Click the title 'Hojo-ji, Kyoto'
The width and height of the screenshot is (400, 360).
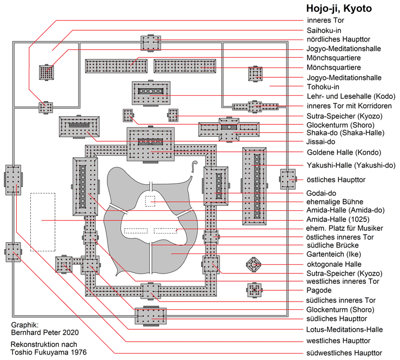click(339, 9)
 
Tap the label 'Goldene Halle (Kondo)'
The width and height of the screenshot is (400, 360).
click(344, 152)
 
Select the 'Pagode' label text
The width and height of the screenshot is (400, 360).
click(319, 290)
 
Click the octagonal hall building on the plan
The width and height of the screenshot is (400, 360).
click(254, 265)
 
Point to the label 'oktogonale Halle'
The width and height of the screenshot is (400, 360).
click(334, 264)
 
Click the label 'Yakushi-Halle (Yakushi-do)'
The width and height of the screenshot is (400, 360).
click(351, 165)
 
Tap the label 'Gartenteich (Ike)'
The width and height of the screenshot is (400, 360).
click(334, 254)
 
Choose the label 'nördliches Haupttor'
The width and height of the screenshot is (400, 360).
click(338, 39)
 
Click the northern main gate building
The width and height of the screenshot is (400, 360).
click(151, 43)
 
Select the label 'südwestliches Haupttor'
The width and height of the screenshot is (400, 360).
click(344, 353)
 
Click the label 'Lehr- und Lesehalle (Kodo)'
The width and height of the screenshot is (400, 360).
click(351, 96)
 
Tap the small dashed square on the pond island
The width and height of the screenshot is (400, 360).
click(150, 201)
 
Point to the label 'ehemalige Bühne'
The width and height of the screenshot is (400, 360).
click(335, 202)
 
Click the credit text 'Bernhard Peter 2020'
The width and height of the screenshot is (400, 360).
click(45, 332)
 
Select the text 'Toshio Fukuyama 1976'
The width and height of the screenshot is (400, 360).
click(49, 352)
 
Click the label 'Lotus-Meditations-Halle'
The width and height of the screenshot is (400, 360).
click(344, 329)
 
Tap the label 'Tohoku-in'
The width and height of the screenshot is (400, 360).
click(323, 86)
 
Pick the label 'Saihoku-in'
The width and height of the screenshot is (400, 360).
click(324, 30)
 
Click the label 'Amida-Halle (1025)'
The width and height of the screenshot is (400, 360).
click(338, 219)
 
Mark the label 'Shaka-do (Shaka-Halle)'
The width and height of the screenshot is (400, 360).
click(345, 132)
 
